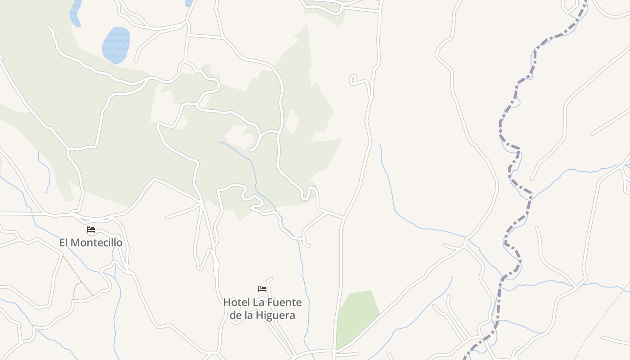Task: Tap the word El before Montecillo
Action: click(x=64, y=243)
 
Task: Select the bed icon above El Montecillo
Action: click(x=91, y=229)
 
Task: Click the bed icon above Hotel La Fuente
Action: click(x=262, y=289)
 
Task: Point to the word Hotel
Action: click(x=237, y=302)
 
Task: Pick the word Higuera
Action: click(x=276, y=315)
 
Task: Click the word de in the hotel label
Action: click(x=236, y=315)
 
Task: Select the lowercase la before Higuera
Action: click(x=250, y=315)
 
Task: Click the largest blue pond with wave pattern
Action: click(x=116, y=45)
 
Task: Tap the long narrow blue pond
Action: click(x=75, y=13)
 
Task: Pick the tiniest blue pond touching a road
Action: click(x=189, y=3)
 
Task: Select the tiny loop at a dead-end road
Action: click(x=353, y=80)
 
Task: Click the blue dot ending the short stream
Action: click(x=46, y=193)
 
